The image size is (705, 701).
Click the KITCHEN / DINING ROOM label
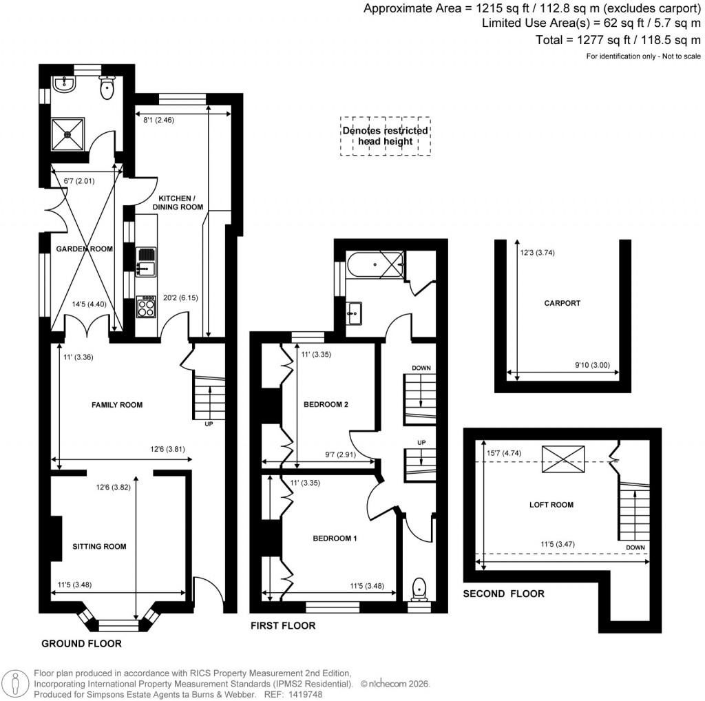coord(177,202)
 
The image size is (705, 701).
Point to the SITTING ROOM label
coord(100,546)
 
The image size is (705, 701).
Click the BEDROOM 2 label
coord(326,405)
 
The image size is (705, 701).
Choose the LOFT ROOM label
coord(551,505)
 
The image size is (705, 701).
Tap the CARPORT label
coord(562,303)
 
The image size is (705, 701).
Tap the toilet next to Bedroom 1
coord(418,589)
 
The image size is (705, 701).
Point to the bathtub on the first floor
coord(375,264)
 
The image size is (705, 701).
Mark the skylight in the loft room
coord(562,459)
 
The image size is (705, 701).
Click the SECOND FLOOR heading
coord(503,594)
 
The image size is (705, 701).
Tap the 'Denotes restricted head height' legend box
coord(385,136)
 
